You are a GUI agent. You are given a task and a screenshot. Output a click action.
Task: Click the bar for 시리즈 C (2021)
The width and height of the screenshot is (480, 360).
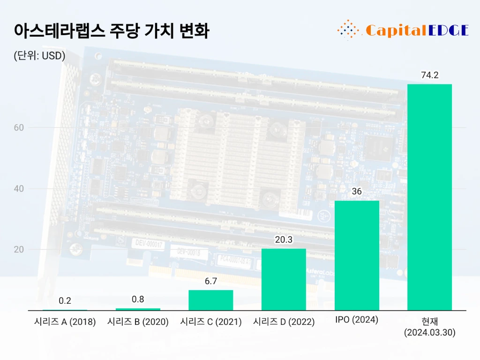click(210, 300)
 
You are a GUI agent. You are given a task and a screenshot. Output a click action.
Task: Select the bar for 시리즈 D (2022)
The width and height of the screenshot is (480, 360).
click(284, 279)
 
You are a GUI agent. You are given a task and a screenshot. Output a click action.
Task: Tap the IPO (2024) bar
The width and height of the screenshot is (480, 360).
click(357, 255)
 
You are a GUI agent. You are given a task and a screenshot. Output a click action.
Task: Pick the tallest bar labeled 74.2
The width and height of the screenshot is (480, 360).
click(429, 197)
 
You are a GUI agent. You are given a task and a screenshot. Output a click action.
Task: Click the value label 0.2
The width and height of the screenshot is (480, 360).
click(65, 301)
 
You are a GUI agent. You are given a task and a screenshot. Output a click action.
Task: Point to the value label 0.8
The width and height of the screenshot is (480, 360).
click(138, 299)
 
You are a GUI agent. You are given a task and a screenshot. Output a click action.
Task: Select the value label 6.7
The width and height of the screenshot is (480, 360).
click(210, 281)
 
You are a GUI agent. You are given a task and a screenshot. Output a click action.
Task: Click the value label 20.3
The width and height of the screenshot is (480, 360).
click(284, 240)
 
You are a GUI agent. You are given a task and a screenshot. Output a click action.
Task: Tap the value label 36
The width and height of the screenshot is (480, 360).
click(357, 192)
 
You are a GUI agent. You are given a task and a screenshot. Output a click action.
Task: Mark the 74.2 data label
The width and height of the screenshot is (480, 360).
click(429, 75)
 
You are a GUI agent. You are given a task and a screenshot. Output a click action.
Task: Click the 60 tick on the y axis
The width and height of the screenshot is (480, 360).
click(19, 127)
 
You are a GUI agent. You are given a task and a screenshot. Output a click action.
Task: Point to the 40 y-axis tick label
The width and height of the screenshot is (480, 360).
click(19, 188)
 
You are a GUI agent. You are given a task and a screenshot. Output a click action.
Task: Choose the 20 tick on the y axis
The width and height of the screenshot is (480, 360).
click(19, 249)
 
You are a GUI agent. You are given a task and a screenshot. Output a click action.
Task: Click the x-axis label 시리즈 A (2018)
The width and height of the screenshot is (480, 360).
click(65, 322)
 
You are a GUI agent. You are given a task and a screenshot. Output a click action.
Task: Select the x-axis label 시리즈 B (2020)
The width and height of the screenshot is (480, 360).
click(138, 322)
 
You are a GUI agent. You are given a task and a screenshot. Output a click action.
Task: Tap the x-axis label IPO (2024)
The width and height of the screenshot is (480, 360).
click(357, 320)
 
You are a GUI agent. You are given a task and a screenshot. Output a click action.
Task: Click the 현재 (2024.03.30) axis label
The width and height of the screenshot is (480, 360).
click(429, 327)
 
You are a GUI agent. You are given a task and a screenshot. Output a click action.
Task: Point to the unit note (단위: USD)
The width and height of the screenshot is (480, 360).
click(39, 56)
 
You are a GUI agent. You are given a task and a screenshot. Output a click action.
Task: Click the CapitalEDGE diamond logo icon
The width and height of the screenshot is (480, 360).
click(348, 30)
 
